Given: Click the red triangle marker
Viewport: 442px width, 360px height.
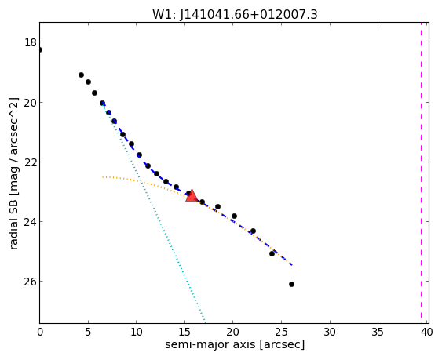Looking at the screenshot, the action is point(192,195).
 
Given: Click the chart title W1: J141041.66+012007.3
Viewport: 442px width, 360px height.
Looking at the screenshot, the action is point(235,15).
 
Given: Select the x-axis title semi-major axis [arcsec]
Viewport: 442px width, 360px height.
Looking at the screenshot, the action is point(235,344).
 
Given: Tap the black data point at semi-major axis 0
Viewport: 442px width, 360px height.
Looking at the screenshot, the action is point(40,50).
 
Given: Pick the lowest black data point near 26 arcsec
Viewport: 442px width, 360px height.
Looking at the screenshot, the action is point(291,284).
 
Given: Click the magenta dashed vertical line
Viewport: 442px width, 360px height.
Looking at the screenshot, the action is point(421,173).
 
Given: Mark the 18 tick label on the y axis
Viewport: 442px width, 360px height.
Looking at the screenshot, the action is point(31,42).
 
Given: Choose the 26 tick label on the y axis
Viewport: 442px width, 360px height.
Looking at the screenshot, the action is point(31,282).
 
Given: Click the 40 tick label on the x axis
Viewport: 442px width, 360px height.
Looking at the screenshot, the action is point(427,333).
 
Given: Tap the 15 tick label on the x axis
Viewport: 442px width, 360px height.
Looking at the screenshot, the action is point(184,333).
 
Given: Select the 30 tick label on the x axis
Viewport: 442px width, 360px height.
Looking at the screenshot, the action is point(330,333).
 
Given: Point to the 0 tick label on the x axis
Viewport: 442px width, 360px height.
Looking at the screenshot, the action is point(40,333).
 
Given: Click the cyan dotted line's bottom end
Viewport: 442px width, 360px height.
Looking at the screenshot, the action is point(206,323).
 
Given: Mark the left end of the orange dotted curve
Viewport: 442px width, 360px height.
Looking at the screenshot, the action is point(103,177).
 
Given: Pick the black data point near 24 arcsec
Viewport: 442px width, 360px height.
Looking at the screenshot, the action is point(272,254).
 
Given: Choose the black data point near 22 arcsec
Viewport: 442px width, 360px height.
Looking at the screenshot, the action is point(253,231).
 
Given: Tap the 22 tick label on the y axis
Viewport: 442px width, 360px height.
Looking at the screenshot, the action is point(31,162).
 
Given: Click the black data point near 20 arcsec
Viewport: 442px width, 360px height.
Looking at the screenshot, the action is point(234,216).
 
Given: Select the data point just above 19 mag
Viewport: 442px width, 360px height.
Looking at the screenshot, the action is point(81,75).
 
